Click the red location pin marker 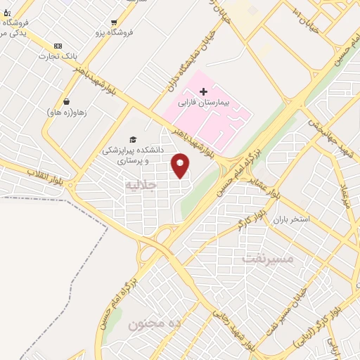[181, 165]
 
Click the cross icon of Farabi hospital [203, 91]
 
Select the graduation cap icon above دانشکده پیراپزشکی [132, 139]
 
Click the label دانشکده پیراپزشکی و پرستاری [132, 155]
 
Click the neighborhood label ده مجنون [155, 323]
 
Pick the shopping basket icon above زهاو [66, 101]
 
